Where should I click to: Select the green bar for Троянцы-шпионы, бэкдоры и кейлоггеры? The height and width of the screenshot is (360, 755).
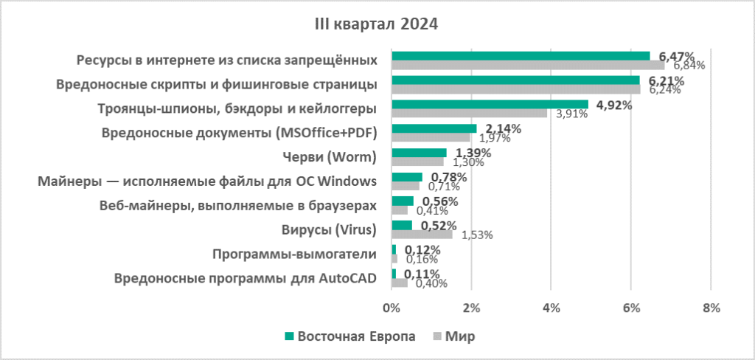tap(490, 104)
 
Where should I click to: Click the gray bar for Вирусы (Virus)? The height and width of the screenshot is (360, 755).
tap(422, 235)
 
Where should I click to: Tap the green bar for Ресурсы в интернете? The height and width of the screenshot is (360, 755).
tap(521, 55)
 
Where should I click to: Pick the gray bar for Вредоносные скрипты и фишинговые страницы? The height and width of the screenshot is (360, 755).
tap(516, 89)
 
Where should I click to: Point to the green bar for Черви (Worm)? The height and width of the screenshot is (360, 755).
tap(419, 153)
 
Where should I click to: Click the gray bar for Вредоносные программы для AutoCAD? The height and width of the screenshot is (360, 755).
tap(400, 283)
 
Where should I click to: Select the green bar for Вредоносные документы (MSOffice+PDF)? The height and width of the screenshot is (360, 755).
tap(434, 128)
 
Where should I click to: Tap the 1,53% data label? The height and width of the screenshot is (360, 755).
tap(477, 235)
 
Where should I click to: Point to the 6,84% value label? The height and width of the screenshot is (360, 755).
tap(688, 65)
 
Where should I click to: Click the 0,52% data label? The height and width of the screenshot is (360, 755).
tap(438, 226)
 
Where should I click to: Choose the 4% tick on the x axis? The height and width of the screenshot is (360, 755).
tap(551, 308)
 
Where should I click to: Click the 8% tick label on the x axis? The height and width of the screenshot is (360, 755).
tap(710, 308)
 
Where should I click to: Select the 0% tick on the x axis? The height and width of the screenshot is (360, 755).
tap(392, 308)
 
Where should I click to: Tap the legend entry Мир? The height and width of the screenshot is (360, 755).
tap(459, 336)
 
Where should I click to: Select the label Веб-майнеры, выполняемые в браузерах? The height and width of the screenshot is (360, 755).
tap(237, 206)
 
